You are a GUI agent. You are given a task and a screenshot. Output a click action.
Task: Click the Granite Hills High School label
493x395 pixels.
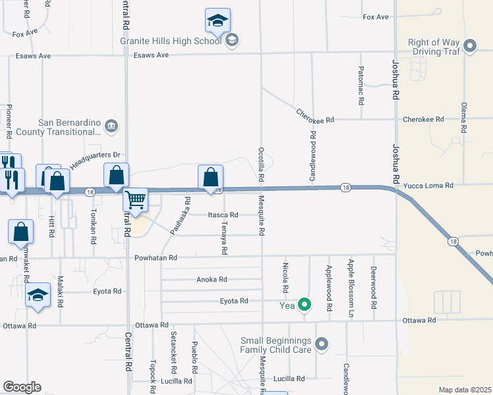click(x=170, y=40)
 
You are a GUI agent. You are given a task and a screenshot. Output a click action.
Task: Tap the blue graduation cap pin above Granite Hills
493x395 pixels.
click(x=217, y=20)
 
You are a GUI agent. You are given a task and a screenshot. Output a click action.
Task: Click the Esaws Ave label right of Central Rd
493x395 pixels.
click(x=152, y=55)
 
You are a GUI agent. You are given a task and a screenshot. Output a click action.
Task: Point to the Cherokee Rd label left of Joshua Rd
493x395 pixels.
click(x=315, y=120)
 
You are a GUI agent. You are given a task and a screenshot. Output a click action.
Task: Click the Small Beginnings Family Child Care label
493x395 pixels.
click(x=275, y=345)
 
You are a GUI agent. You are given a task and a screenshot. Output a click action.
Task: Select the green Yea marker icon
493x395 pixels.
click(x=304, y=304)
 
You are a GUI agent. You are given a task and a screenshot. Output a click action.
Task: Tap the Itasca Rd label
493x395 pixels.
click(x=223, y=215)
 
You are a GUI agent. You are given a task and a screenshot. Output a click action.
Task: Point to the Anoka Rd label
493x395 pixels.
click(x=212, y=279)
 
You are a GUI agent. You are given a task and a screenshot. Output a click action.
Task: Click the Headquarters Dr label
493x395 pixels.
click(x=95, y=160)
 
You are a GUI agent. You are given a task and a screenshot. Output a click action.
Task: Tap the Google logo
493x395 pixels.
click(x=22, y=386)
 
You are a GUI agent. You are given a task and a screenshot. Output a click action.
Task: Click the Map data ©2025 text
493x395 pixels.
click(x=464, y=390)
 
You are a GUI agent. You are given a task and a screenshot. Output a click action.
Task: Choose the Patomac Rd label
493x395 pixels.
click(x=361, y=86)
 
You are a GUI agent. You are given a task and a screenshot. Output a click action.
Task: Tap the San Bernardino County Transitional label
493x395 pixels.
click(x=69, y=127)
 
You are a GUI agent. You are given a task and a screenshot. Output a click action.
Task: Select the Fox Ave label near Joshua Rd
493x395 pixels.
click(x=376, y=16)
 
